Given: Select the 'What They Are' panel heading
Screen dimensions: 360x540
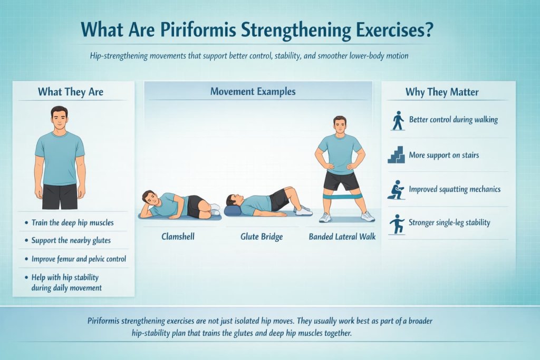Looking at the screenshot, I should click(70, 92).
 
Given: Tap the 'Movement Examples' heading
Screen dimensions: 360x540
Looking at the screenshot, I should click(253, 91).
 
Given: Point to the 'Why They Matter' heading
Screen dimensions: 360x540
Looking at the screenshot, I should click(442, 92).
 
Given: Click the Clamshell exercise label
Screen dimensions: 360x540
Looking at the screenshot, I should click(178, 237).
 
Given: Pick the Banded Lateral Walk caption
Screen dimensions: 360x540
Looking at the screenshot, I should click(342, 237).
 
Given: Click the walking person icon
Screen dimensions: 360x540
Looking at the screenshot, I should click(398, 120).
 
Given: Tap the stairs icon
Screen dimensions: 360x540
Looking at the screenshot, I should click(396, 155).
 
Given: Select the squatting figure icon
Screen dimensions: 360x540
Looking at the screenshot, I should click(396, 189).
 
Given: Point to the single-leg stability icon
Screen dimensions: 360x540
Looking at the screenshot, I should click(397, 223).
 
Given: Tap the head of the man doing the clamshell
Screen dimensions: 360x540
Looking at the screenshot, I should click(150, 199).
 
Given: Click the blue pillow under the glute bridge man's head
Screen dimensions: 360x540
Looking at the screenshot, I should click(233, 211).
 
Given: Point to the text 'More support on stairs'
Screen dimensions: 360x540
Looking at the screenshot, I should click(443, 155).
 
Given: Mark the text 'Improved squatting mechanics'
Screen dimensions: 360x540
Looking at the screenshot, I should click(455, 189).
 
